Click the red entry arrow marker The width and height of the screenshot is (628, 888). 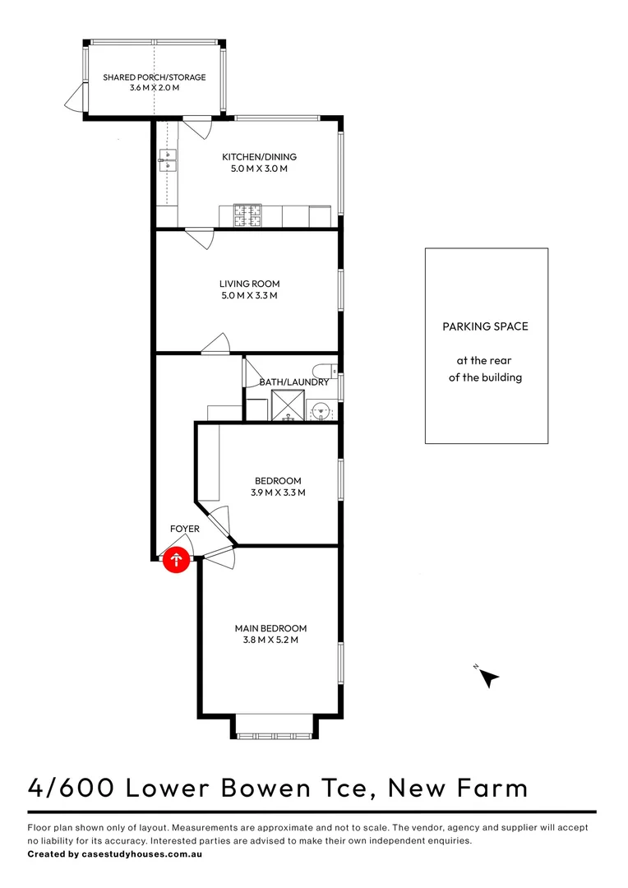[177, 561]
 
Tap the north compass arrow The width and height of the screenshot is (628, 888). [488, 678]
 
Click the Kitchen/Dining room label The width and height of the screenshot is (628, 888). [259, 157]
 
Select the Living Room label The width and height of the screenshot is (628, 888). [249, 284]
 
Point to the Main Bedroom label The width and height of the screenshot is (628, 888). [270, 629]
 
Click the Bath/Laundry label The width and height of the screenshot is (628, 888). [293, 382]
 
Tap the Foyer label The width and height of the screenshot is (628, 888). [184, 529]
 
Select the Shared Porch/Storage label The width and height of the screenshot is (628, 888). [154, 77]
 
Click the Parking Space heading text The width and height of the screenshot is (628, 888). [485, 326]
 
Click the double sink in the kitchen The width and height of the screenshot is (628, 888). [169, 160]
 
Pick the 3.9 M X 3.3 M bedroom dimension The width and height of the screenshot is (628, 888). [278, 493]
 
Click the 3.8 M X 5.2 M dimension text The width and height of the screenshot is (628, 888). [270, 641]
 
